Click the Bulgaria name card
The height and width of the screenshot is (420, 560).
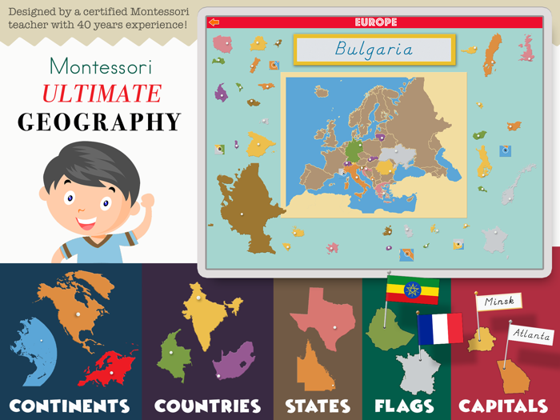(374, 50)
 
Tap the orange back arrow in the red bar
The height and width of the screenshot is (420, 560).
(214, 22)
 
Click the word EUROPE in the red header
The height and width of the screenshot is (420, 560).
(375, 22)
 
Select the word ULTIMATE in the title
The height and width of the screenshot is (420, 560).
(101, 94)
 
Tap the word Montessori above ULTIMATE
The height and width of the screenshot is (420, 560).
(101, 66)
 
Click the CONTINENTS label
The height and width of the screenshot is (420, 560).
(70, 406)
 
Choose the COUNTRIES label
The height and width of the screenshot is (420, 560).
(207, 406)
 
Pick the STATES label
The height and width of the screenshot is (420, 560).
(318, 406)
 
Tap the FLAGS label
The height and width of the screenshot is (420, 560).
(404, 406)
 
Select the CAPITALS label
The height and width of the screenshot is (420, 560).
(503, 406)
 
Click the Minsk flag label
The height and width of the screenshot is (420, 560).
(499, 302)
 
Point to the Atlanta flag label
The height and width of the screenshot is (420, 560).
(531, 334)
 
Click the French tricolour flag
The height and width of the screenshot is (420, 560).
(440, 328)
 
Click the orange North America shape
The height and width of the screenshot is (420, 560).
(77, 305)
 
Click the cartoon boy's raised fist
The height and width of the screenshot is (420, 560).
(146, 201)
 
